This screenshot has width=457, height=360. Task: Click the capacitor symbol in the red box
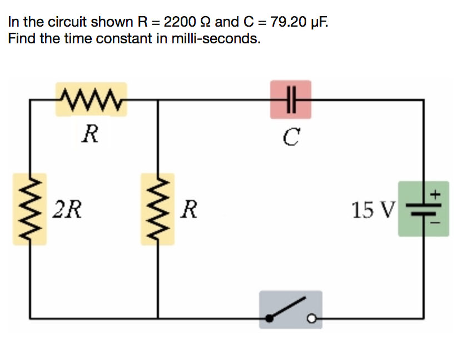pos(290,100)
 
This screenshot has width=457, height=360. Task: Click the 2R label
pos(68,209)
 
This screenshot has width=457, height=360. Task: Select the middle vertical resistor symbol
pos(158,209)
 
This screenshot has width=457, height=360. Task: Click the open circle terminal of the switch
pos(313,319)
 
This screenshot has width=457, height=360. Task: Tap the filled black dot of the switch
pos(270,319)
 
